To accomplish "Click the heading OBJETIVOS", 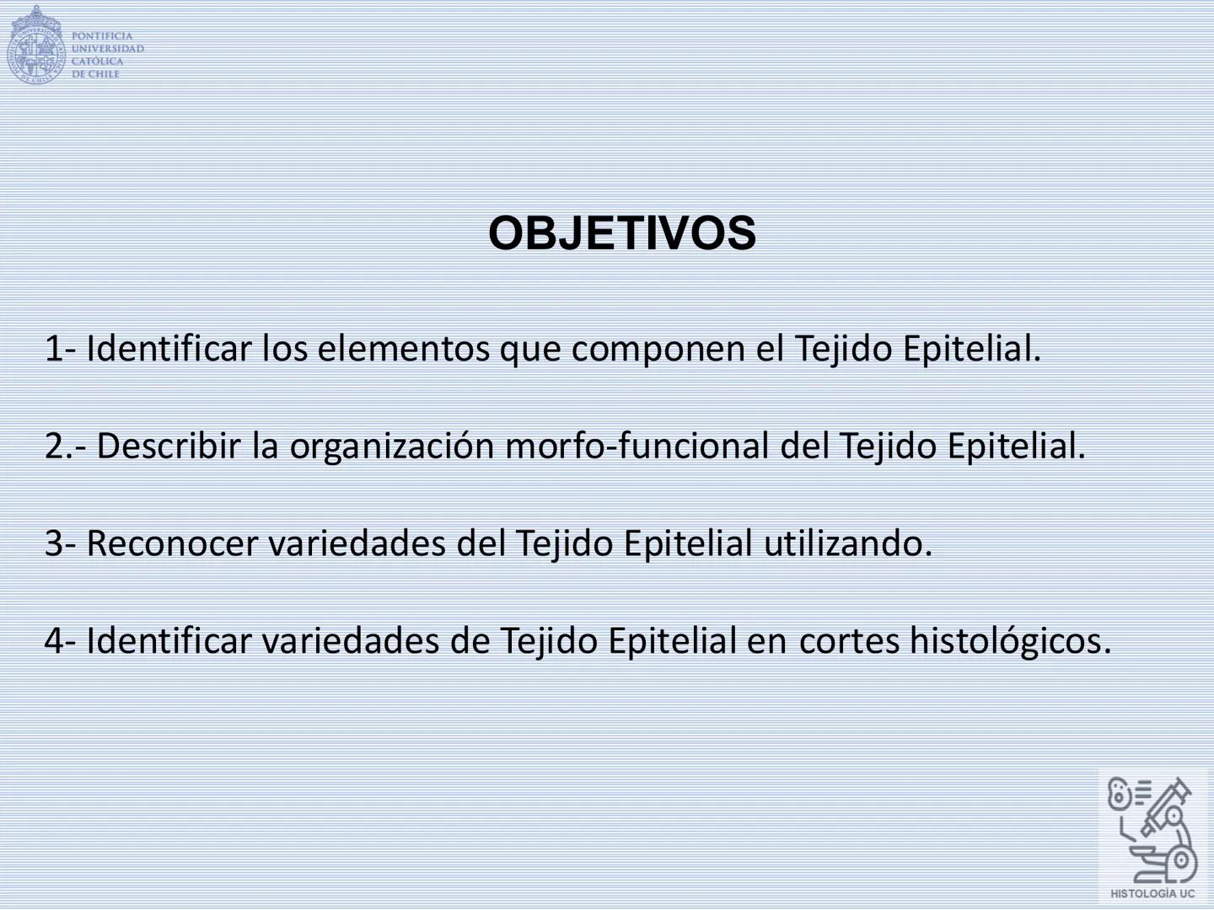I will (x=622, y=233).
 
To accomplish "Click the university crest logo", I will (x=35, y=46).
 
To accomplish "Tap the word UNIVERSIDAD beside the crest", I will (x=107, y=49).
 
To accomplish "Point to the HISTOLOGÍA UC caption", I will (x=1152, y=893).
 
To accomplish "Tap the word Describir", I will (x=169, y=446).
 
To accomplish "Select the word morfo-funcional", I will (x=637, y=446).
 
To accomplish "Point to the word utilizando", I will (x=848, y=543).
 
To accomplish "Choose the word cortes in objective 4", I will (x=849, y=641).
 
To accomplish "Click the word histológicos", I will (x=1011, y=641).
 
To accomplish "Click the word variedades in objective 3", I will (x=357, y=543).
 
